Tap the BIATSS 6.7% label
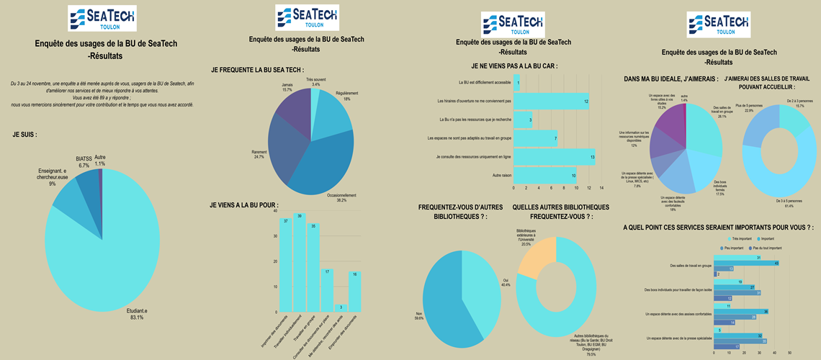[83, 161]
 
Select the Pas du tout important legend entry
[770, 248]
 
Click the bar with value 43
[745, 263]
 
